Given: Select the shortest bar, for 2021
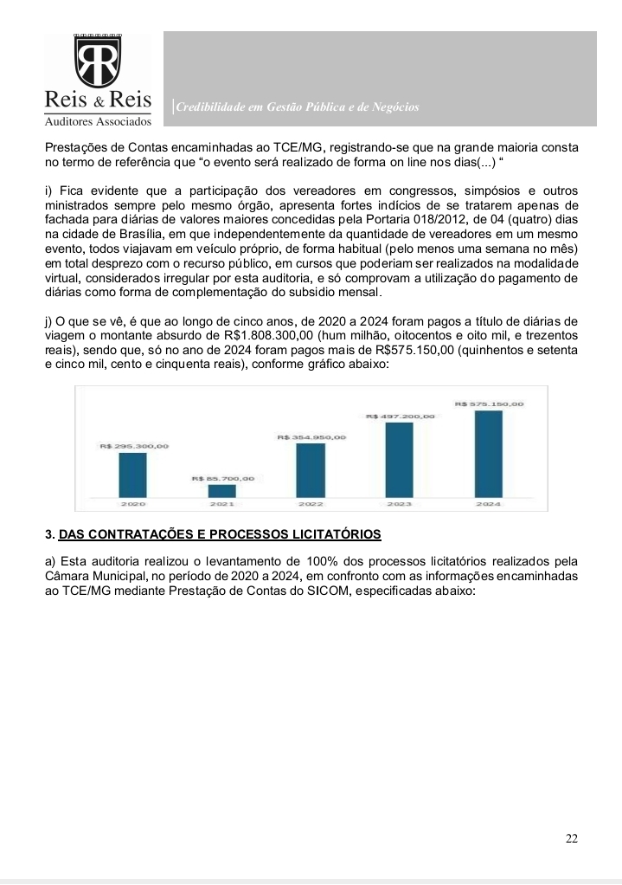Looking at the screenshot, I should click(221, 490).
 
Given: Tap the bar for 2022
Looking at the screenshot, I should click(311, 469).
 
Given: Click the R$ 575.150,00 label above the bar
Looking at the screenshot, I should click(489, 404).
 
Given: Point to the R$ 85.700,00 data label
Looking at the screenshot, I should click(222, 478).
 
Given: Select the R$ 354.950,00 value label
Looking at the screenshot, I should click(311, 437).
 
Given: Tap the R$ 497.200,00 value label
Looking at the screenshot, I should click(400, 417).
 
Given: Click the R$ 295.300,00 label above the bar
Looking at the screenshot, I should click(133, 446).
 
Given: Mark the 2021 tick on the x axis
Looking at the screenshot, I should click(222, 503).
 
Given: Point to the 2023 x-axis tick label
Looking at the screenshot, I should click(400, 503).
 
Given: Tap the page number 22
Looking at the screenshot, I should click(571, 838).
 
